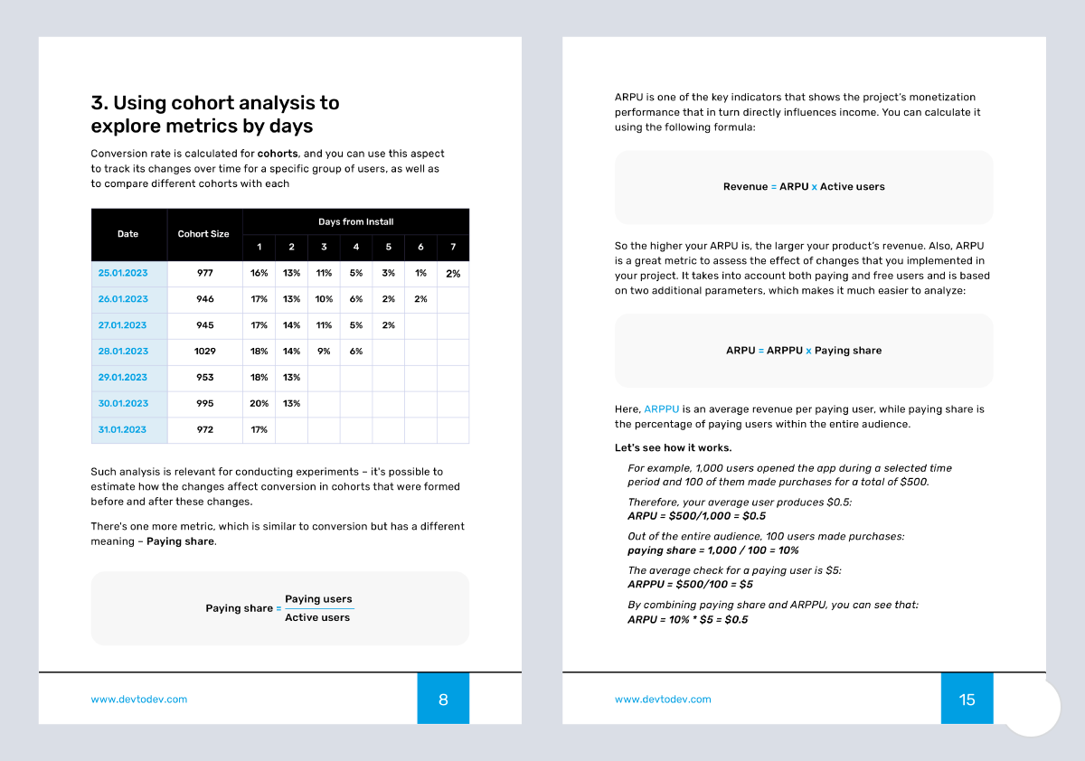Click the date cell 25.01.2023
click(x=123, y=273)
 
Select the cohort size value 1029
click(x=204, y=351)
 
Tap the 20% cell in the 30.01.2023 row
click(x=259, y=403)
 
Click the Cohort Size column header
click(x=203, y=234)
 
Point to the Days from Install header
click(x=355, y=221)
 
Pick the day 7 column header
click(x=453, y=247)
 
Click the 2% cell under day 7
click(x=453, y=273)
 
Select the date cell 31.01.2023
click(x=123, y=429)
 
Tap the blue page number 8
click(x=443, y=699)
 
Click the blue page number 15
click(x=967, y=699)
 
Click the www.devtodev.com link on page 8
click(x=139, y=699)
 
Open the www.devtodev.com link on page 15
click(x=663, y=699)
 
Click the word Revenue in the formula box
click(x=745, y=187)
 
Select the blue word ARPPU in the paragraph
click(x=662, y=409)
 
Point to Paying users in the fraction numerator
click(x=318, y=599)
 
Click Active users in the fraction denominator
click(x=317, y=617)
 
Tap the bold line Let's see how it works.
click(x=674, y=448)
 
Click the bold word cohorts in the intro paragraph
click(x=278, y=154)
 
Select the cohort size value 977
click(x=204, y=273)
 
